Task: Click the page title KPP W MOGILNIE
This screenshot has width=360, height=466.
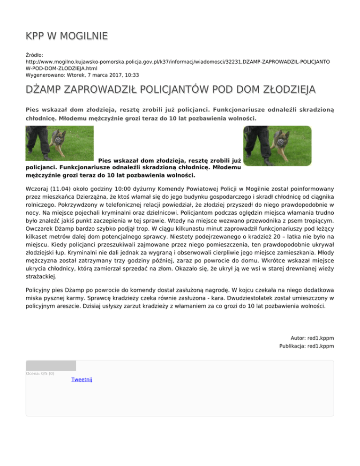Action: (67, 36)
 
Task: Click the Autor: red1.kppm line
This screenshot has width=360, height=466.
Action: (312, 338)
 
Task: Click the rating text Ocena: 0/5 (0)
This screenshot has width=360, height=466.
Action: (40, 374)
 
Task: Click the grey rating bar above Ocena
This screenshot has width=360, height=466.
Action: (51, 366)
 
